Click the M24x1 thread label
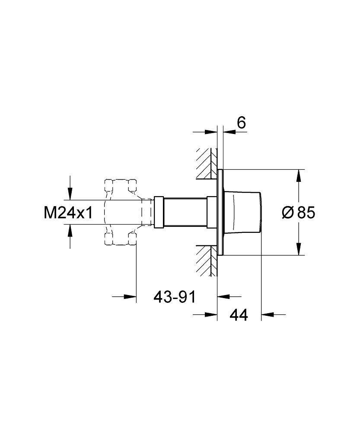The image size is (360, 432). pyautogui.click(x=68, y=213)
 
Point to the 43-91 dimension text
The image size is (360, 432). pyautogui.click(x=175, y=297)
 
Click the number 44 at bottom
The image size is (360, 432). pyautogui.click(x=239, y=314)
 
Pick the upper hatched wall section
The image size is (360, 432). pyautogui.click(x=207, y=164)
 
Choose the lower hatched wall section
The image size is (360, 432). pyautogui.click(x=207, y=260)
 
